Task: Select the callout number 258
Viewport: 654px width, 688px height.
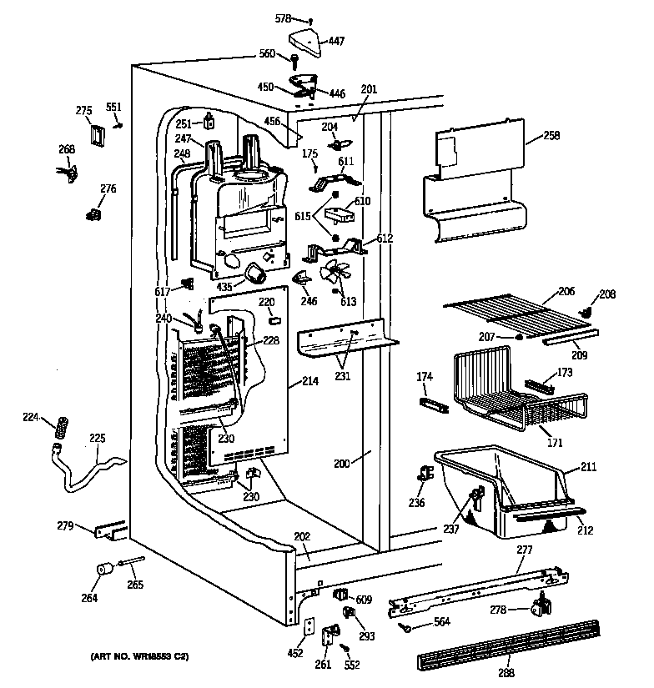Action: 551,135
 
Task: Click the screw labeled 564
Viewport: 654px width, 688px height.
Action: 405,626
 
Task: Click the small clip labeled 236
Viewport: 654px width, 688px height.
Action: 424,476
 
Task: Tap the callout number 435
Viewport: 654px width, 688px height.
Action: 224,286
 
